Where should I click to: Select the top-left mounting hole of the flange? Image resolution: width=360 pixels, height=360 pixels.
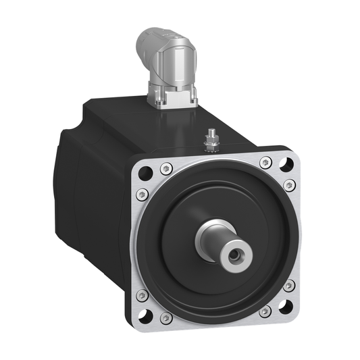coord(145,173)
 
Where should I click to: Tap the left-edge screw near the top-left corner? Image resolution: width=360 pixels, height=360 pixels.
coord(142,195)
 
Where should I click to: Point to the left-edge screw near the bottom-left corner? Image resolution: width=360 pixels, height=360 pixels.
coord(142,295)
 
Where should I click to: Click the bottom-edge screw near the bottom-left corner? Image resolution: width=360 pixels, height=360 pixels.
coord(165,317)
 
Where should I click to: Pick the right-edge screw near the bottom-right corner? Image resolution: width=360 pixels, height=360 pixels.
coord(289,286)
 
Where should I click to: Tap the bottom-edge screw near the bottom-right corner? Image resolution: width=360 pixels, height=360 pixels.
coord(265,311)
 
